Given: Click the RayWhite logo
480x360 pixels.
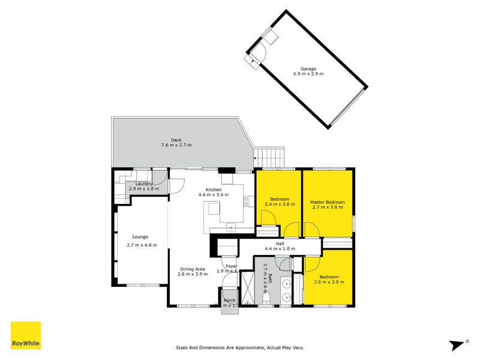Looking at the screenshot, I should point(26,335).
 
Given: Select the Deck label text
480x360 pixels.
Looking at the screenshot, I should point(176,140).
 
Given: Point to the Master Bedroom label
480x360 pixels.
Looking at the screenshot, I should point(327,202).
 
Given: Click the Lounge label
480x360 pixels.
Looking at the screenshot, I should point(141,236).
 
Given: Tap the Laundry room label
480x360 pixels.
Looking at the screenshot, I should point(143,184).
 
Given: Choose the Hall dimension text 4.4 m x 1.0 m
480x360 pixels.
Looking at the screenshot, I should point(280,249).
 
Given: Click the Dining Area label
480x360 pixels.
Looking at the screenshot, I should point(191,269).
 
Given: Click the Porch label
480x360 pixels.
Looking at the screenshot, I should point(229,301).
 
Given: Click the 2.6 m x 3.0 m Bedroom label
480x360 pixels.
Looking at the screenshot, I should point(328,278).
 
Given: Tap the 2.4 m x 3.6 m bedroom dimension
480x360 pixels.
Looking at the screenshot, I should point(280,205).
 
